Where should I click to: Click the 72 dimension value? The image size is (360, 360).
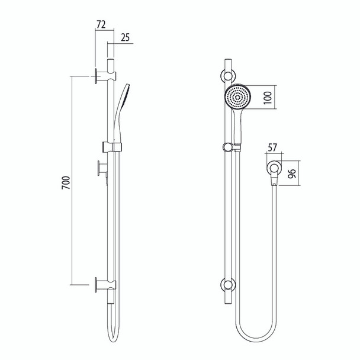101,24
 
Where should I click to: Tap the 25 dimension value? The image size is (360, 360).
125,37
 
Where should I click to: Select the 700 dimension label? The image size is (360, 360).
66,182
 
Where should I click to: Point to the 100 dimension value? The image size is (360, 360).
268,98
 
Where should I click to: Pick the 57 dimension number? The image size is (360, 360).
272,147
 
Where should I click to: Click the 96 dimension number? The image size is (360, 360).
291,174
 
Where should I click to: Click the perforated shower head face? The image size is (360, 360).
237,97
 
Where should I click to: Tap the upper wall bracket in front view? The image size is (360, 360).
228,76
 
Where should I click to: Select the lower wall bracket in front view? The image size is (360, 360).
228,285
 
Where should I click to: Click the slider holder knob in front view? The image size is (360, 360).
227,147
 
